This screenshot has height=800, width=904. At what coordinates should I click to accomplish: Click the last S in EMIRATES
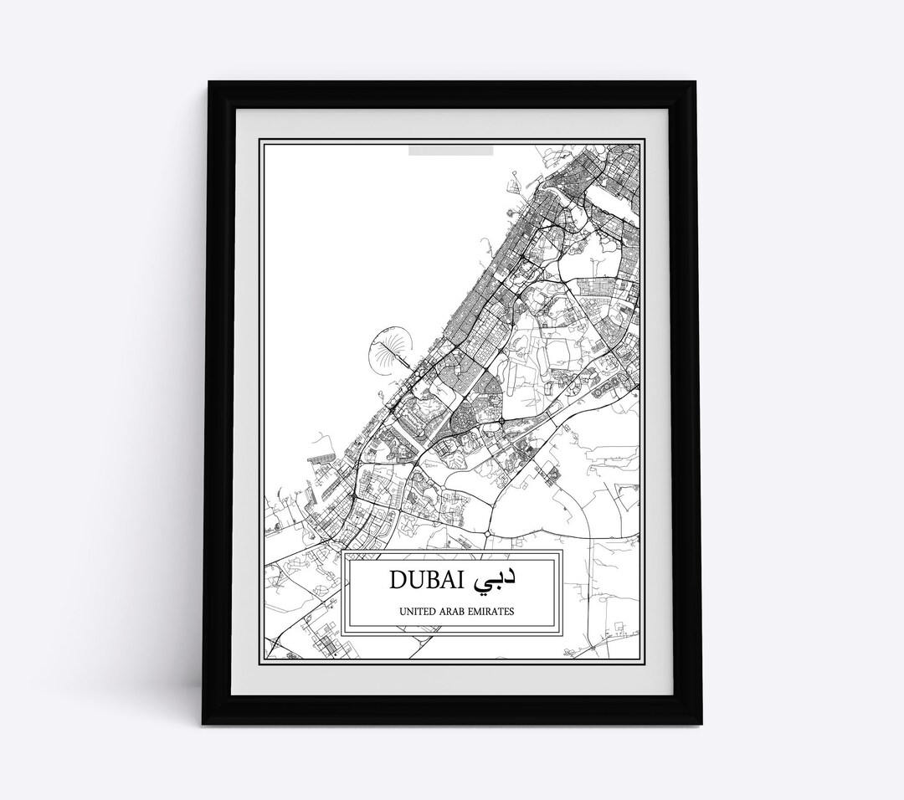pyautogui.click(x=512, y=611)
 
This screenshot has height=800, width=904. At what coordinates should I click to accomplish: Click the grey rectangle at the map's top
pyautogui.click(x=450, y=151)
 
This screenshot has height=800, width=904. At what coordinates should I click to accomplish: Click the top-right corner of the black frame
pyautogui.click(x=699, y=82)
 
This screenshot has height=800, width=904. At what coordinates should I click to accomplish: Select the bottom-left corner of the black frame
pyautogui.click(x=203, y=705)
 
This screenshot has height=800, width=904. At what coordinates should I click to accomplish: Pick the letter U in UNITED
pyautogui.click(x=405, y=611)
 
